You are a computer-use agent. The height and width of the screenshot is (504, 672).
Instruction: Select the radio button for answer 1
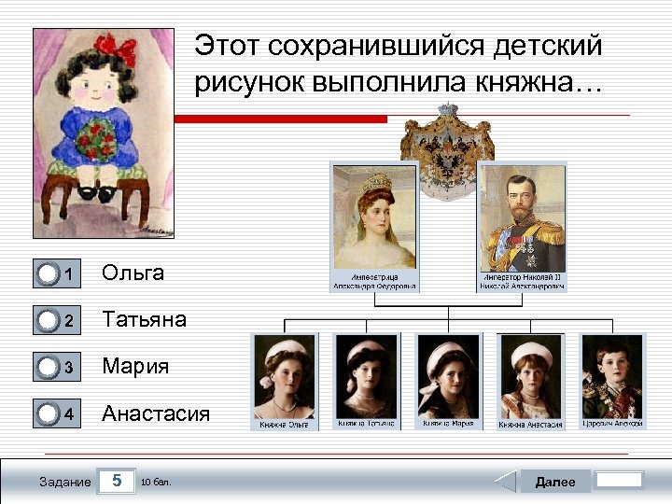[x=48, y=273]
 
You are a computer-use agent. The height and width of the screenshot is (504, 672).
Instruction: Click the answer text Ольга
[x=133, y=273]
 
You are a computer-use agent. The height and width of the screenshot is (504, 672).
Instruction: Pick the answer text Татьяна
[x=144, y=319]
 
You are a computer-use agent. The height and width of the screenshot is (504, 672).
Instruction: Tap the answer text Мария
[x=135, y=367]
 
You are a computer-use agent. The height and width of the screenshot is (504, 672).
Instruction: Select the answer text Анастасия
[x=156, y=413]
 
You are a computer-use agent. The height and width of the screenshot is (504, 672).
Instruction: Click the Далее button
[x=554, y=482]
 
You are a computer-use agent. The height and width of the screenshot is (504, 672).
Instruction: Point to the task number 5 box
[x=117, y=482]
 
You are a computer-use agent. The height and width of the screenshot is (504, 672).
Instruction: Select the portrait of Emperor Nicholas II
[x=522, y=217]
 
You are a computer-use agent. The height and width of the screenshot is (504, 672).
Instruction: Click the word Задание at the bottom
[x=65, y=482]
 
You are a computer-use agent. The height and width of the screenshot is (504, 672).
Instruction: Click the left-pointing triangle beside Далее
[x=505, y=482]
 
